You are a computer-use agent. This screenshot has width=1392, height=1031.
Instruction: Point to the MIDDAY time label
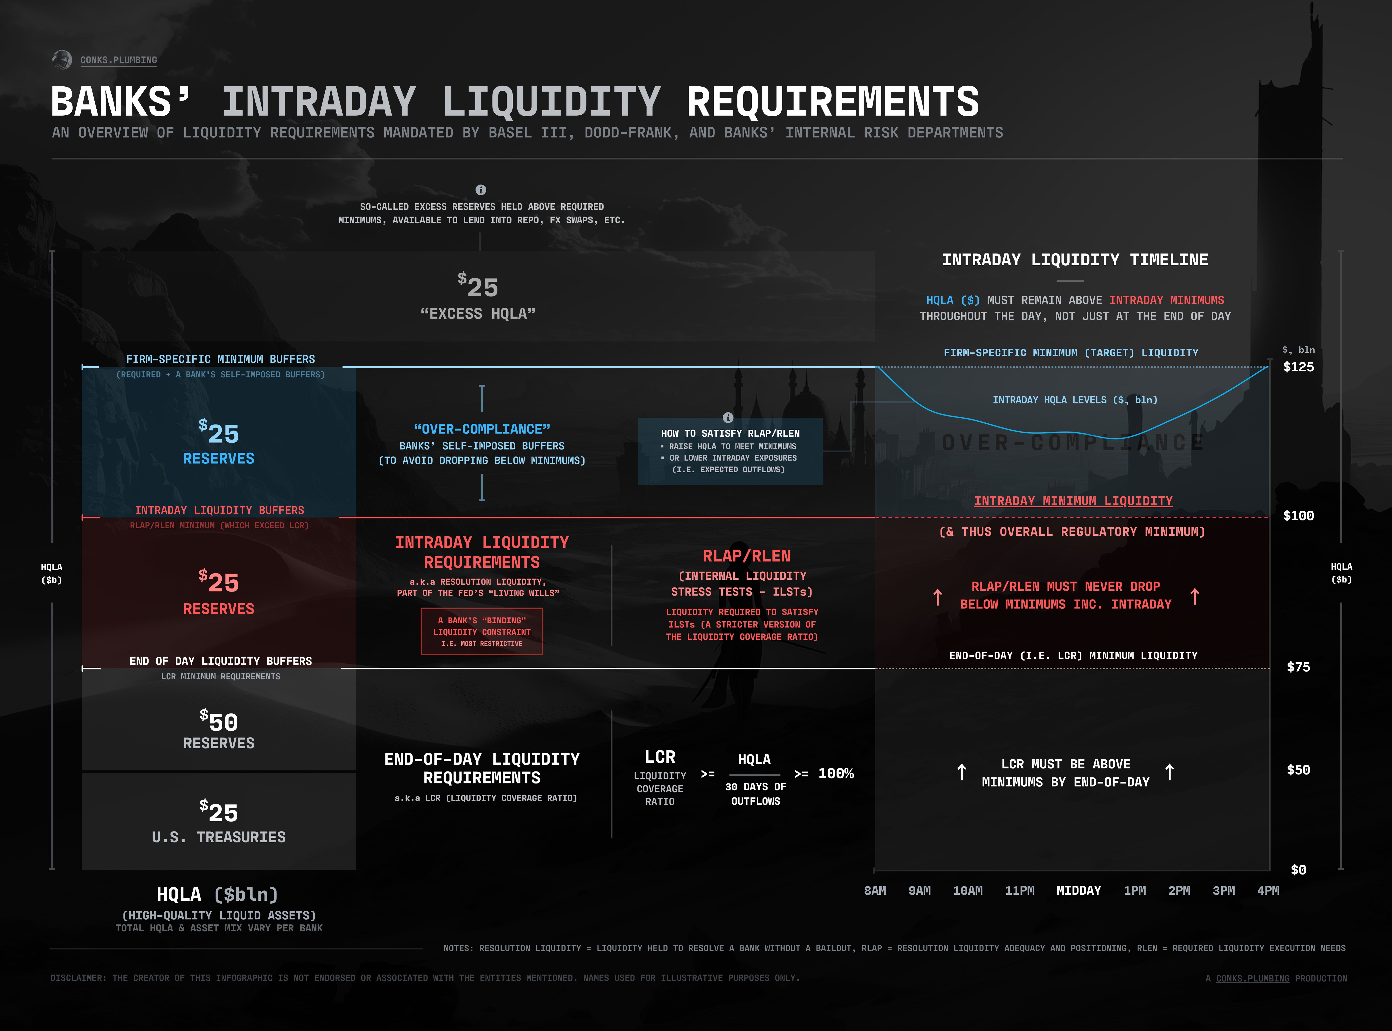(1078, 891)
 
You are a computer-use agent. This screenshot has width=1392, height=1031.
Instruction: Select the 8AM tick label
(875, 891)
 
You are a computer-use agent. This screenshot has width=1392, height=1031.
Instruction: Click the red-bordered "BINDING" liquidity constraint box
(482, 632)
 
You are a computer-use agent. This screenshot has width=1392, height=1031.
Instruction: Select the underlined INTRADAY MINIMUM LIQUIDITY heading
(1073, 501)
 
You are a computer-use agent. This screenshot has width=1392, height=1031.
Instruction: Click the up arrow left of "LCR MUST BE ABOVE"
(961, 773)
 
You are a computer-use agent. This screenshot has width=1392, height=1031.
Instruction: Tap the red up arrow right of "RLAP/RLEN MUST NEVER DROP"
(1194, 597)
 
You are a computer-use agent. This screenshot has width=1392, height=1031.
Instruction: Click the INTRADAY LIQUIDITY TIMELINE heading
(1074, 260)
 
